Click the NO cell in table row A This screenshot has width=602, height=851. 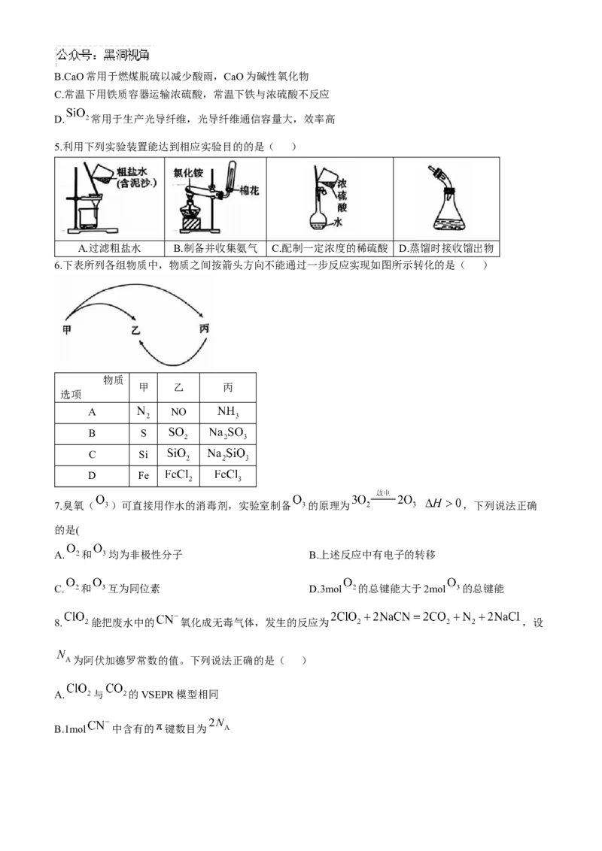(178, 412)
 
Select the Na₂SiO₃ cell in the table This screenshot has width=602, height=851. (228, 454)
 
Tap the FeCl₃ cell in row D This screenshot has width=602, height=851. (228, 475)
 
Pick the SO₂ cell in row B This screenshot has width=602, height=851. (178, 433)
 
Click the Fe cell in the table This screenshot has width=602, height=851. (143, 475)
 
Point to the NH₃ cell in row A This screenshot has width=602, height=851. (228, 412)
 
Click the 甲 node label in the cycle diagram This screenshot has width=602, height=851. (67, 330)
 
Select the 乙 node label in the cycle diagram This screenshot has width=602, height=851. (135, 330)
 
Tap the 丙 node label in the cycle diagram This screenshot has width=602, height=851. (204, 329)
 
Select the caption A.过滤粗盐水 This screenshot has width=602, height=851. (109, 249)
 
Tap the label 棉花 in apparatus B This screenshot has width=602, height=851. (249, 190)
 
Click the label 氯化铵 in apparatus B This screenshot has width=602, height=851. (189, 173)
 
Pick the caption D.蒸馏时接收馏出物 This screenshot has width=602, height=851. (446, 249)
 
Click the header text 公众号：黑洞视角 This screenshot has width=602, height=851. (103, 54)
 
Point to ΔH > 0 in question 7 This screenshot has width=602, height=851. (442, 504)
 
